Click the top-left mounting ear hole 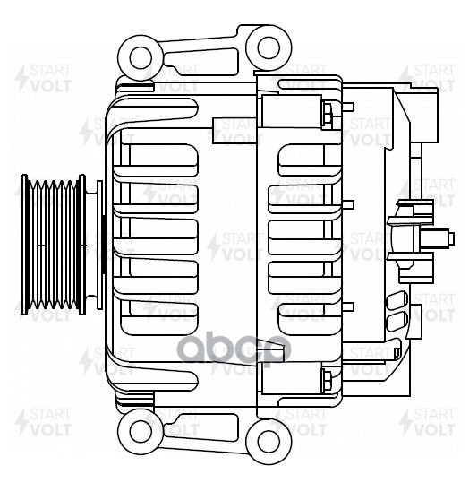click(x=141, y=58)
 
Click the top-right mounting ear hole click(x=266, y=46)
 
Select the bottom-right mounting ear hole click(x=266, y=440)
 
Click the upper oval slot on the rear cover click(x=394, y=300)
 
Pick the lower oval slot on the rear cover click(x=394, y=320)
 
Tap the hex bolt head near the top click(x=328, y=113)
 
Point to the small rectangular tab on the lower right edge click(x=415, y=314)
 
